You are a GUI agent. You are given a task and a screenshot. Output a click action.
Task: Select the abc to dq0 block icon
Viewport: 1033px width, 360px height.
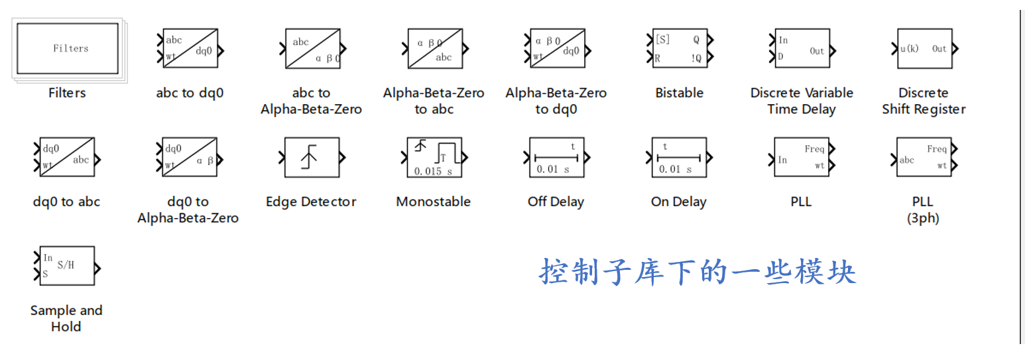click(190, 48)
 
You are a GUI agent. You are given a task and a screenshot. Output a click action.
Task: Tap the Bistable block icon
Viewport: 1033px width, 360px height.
click(679, 48)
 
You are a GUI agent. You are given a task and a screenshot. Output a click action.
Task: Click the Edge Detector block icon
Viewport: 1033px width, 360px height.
click(312, 158)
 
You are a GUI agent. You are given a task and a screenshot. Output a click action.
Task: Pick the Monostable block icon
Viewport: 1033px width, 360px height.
click(434, 158)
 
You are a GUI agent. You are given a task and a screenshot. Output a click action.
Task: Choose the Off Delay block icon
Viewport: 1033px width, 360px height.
click(556, 158)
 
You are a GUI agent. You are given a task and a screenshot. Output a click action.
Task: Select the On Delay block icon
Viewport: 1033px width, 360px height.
click(679, 158)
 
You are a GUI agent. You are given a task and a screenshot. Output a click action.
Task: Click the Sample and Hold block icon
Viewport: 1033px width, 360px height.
click(67, 266)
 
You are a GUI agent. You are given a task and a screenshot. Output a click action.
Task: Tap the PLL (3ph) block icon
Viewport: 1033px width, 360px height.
click(923, 158)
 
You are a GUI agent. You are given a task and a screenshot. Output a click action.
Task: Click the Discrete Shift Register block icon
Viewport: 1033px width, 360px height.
click(923, 48)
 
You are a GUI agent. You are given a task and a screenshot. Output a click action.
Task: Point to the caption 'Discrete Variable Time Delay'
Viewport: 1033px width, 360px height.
click(802, 101)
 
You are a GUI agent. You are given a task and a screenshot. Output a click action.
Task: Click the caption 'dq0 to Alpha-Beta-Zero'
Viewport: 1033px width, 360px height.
click(188, 210)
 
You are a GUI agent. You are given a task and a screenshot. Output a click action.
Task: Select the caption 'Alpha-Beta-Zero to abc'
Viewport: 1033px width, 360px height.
click(434, 101)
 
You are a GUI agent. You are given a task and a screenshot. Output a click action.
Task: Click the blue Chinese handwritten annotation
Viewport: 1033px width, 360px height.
click(698, 272)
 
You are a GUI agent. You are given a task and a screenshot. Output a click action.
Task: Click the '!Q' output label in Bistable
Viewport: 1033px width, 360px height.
click(696, 58)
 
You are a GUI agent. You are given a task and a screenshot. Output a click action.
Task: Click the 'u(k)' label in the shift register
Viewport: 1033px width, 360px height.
click(910, 48)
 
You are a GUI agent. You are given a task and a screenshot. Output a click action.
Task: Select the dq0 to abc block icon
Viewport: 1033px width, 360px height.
click(67, 158)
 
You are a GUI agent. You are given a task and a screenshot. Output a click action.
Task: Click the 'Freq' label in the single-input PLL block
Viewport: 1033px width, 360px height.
click(814, 149)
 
